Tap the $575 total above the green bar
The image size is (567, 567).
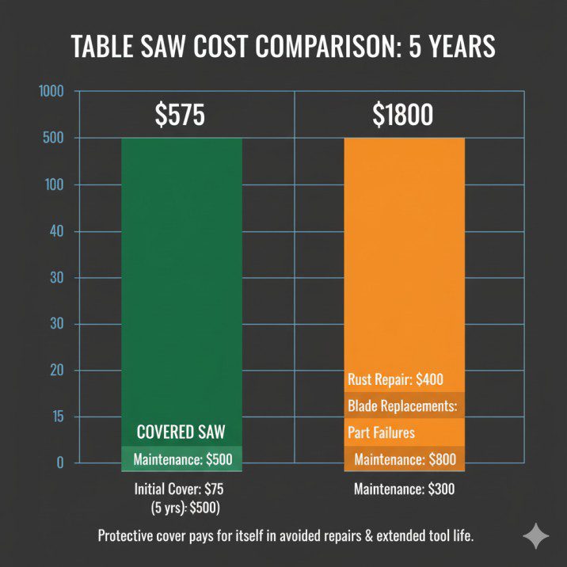[x=179, y=116]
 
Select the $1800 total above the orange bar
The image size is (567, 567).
[x=403, y=116]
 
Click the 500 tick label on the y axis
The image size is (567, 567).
[x=52, y=139]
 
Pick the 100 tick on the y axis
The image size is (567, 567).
[x=52, y=185]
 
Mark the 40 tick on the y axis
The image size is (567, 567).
[x=54, y=231]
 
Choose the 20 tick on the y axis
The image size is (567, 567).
[x=54, y=371]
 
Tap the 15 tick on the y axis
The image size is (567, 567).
[x=54, y=417]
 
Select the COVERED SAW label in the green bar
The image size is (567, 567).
[x=182, y=432]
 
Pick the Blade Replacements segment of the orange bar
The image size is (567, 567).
[x=404, y=406]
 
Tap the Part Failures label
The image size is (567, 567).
[x=381, y=433]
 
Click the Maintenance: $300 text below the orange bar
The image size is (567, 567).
[x=404, y=489]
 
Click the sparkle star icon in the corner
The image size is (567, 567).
[x=535, y=536]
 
